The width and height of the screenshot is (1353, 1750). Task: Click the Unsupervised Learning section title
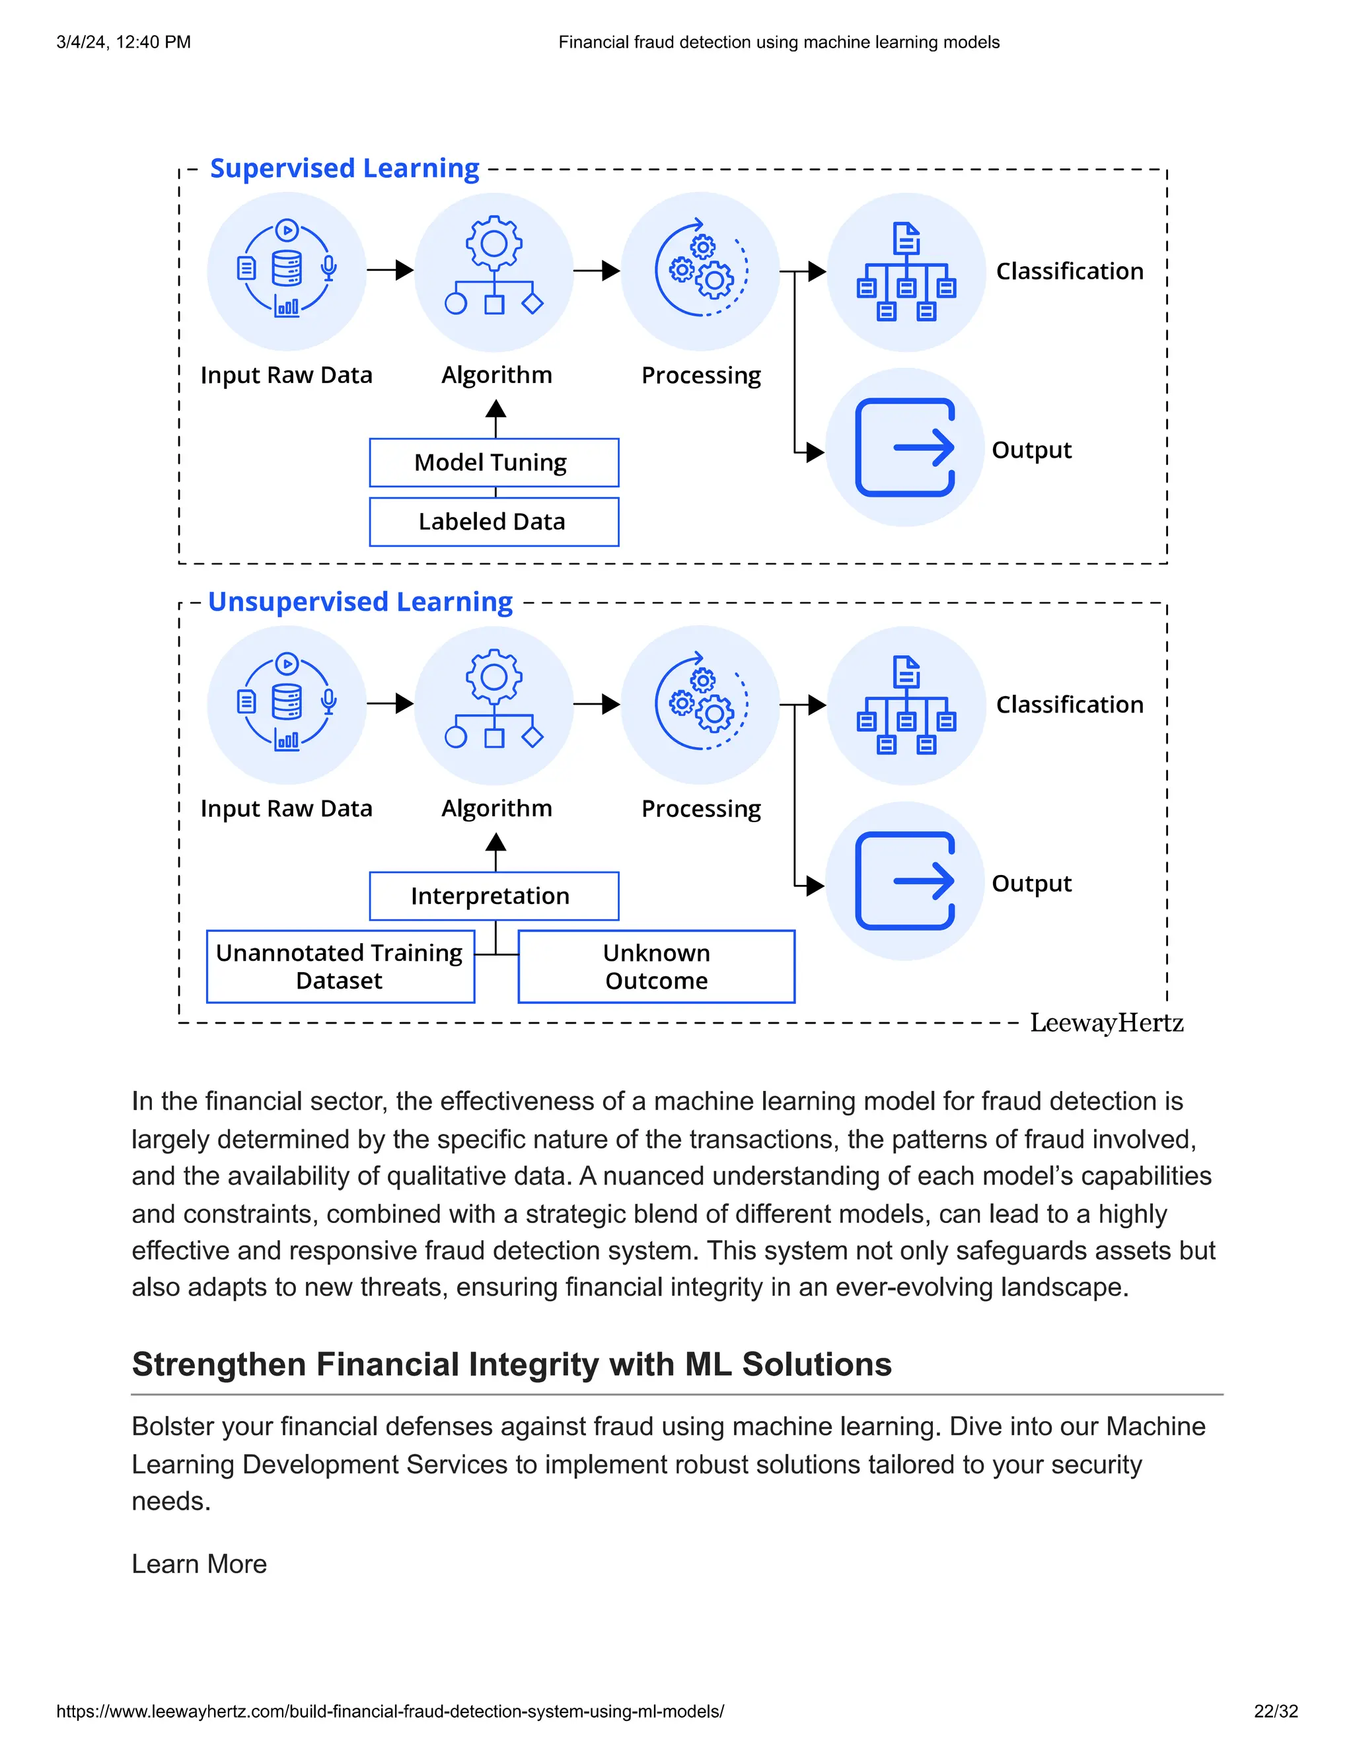(x=360, y=602)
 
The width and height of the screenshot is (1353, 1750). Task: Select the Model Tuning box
(x=494, y=462)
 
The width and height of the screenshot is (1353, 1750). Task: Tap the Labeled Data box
(x=494, y=522)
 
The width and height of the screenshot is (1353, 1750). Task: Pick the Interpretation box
(x=494, y=896)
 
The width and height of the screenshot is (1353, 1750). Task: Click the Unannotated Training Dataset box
(x=340, y=966)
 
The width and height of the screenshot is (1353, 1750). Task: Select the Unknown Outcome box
(x=657, y=966)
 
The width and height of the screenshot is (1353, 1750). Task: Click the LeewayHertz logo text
(x=1106, y=1023)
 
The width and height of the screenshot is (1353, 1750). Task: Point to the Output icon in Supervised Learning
(x=905, y=447)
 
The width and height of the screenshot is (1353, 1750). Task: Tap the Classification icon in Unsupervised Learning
(x=906, y=705)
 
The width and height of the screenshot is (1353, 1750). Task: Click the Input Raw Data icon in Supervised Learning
(x=287, y=271)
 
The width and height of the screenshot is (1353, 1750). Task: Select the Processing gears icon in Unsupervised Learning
(x=700, y=705)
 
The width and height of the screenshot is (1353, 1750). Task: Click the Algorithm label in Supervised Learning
(x=496, y=375)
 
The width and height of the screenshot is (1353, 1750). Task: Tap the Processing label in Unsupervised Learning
(x=700, y=808)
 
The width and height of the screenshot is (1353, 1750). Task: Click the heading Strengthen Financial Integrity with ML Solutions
(x=511, y=1364)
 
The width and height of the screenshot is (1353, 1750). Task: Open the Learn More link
(x=199, y=1564)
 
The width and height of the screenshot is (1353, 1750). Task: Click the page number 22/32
(x=1275, y=1712)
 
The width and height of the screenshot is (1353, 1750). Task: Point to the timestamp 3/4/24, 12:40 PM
(x=124, y=42)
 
